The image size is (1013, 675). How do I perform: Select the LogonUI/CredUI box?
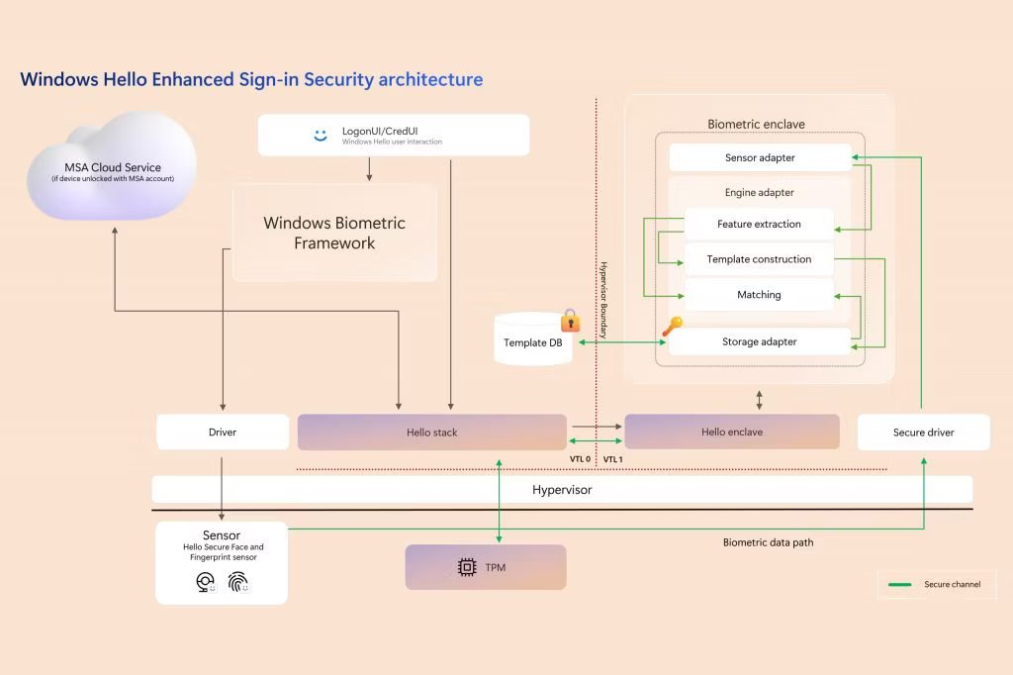[x=394, y=136]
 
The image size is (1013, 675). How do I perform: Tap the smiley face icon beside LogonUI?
[x=320, y=136]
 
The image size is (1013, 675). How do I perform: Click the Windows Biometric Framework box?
[x=334, y=234]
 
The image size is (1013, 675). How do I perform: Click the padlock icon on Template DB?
[x=570, y=321]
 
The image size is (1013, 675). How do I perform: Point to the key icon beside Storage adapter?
[x=671, y=327]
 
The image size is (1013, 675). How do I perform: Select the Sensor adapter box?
[x=760, y=157]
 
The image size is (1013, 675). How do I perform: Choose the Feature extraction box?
[x=760, y=224]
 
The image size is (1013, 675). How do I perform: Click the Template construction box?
[x=760, y=259]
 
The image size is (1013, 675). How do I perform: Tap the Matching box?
[x=760, y=295]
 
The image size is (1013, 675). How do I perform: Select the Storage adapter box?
[x=760, y=341]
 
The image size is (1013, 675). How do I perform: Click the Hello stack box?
[x=432, y=433]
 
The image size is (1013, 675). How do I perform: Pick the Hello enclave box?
[x=732, y=433]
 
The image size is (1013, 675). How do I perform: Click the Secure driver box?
[x=923, y=433]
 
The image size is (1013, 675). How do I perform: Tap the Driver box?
[x=223, y=433]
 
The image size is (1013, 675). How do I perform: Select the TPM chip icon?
[x=466, y=567]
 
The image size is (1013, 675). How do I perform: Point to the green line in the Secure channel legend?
[x=900, y=585]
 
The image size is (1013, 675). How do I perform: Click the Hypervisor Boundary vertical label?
[x=603, y=302]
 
